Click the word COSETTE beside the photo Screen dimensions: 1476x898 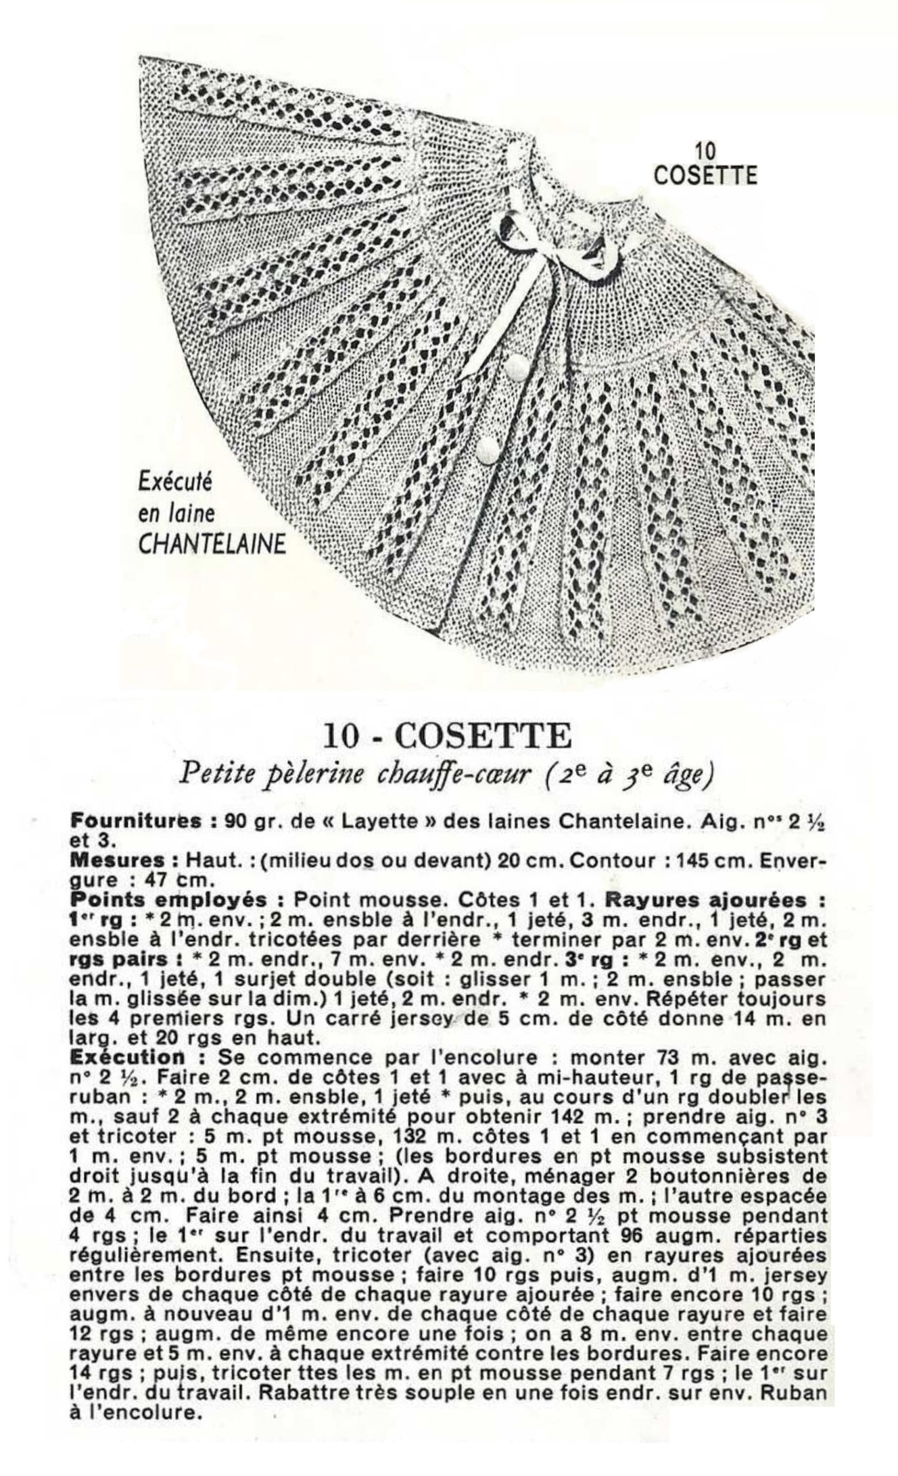click(705, 175)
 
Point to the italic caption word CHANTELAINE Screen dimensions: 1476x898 click(212, 545)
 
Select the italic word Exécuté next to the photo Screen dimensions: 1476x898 click(174, 483)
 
